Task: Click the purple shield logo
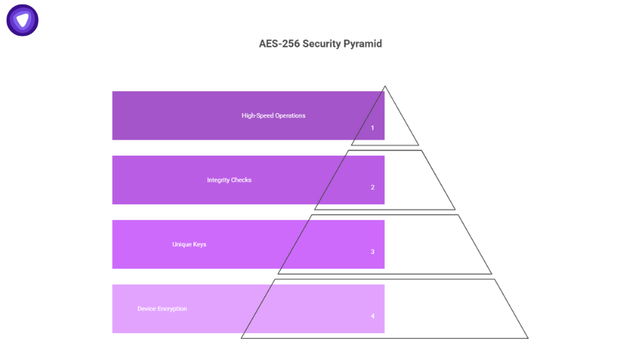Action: (x=23, y=20)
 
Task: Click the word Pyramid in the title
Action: (x=361, y=44)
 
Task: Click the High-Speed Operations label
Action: (x=273, y=115)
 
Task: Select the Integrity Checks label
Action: (x=229, y=180)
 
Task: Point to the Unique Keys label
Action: (x=189, y=244)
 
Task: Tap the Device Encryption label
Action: (x=162, y=309)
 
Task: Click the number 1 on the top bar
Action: (x=372, y=128)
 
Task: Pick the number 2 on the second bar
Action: (x=372, y=188)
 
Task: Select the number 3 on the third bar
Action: (x=372, y=252)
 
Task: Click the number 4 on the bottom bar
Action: (x=372, y=316)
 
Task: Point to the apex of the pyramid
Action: (x=385, y=87)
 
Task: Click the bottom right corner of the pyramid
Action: (x=527, y=337)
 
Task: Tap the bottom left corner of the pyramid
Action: (x=242, y=337)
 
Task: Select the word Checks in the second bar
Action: (x=241, y=180)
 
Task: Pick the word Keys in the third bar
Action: (x=199, y=244)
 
